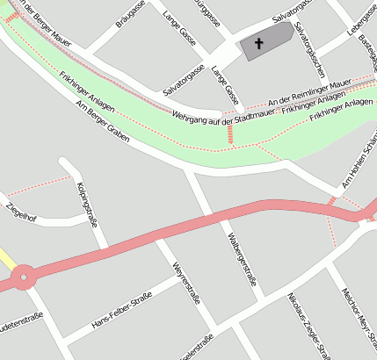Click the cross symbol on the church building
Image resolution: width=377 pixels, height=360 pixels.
tap(258, 43)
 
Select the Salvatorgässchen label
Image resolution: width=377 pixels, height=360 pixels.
tap(313, 49)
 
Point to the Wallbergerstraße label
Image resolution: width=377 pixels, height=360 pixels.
tap(241, 261)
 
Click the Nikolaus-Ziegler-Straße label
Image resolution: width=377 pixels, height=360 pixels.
tap(308, 326)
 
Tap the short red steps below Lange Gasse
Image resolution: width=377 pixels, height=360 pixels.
tap(230, 133)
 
